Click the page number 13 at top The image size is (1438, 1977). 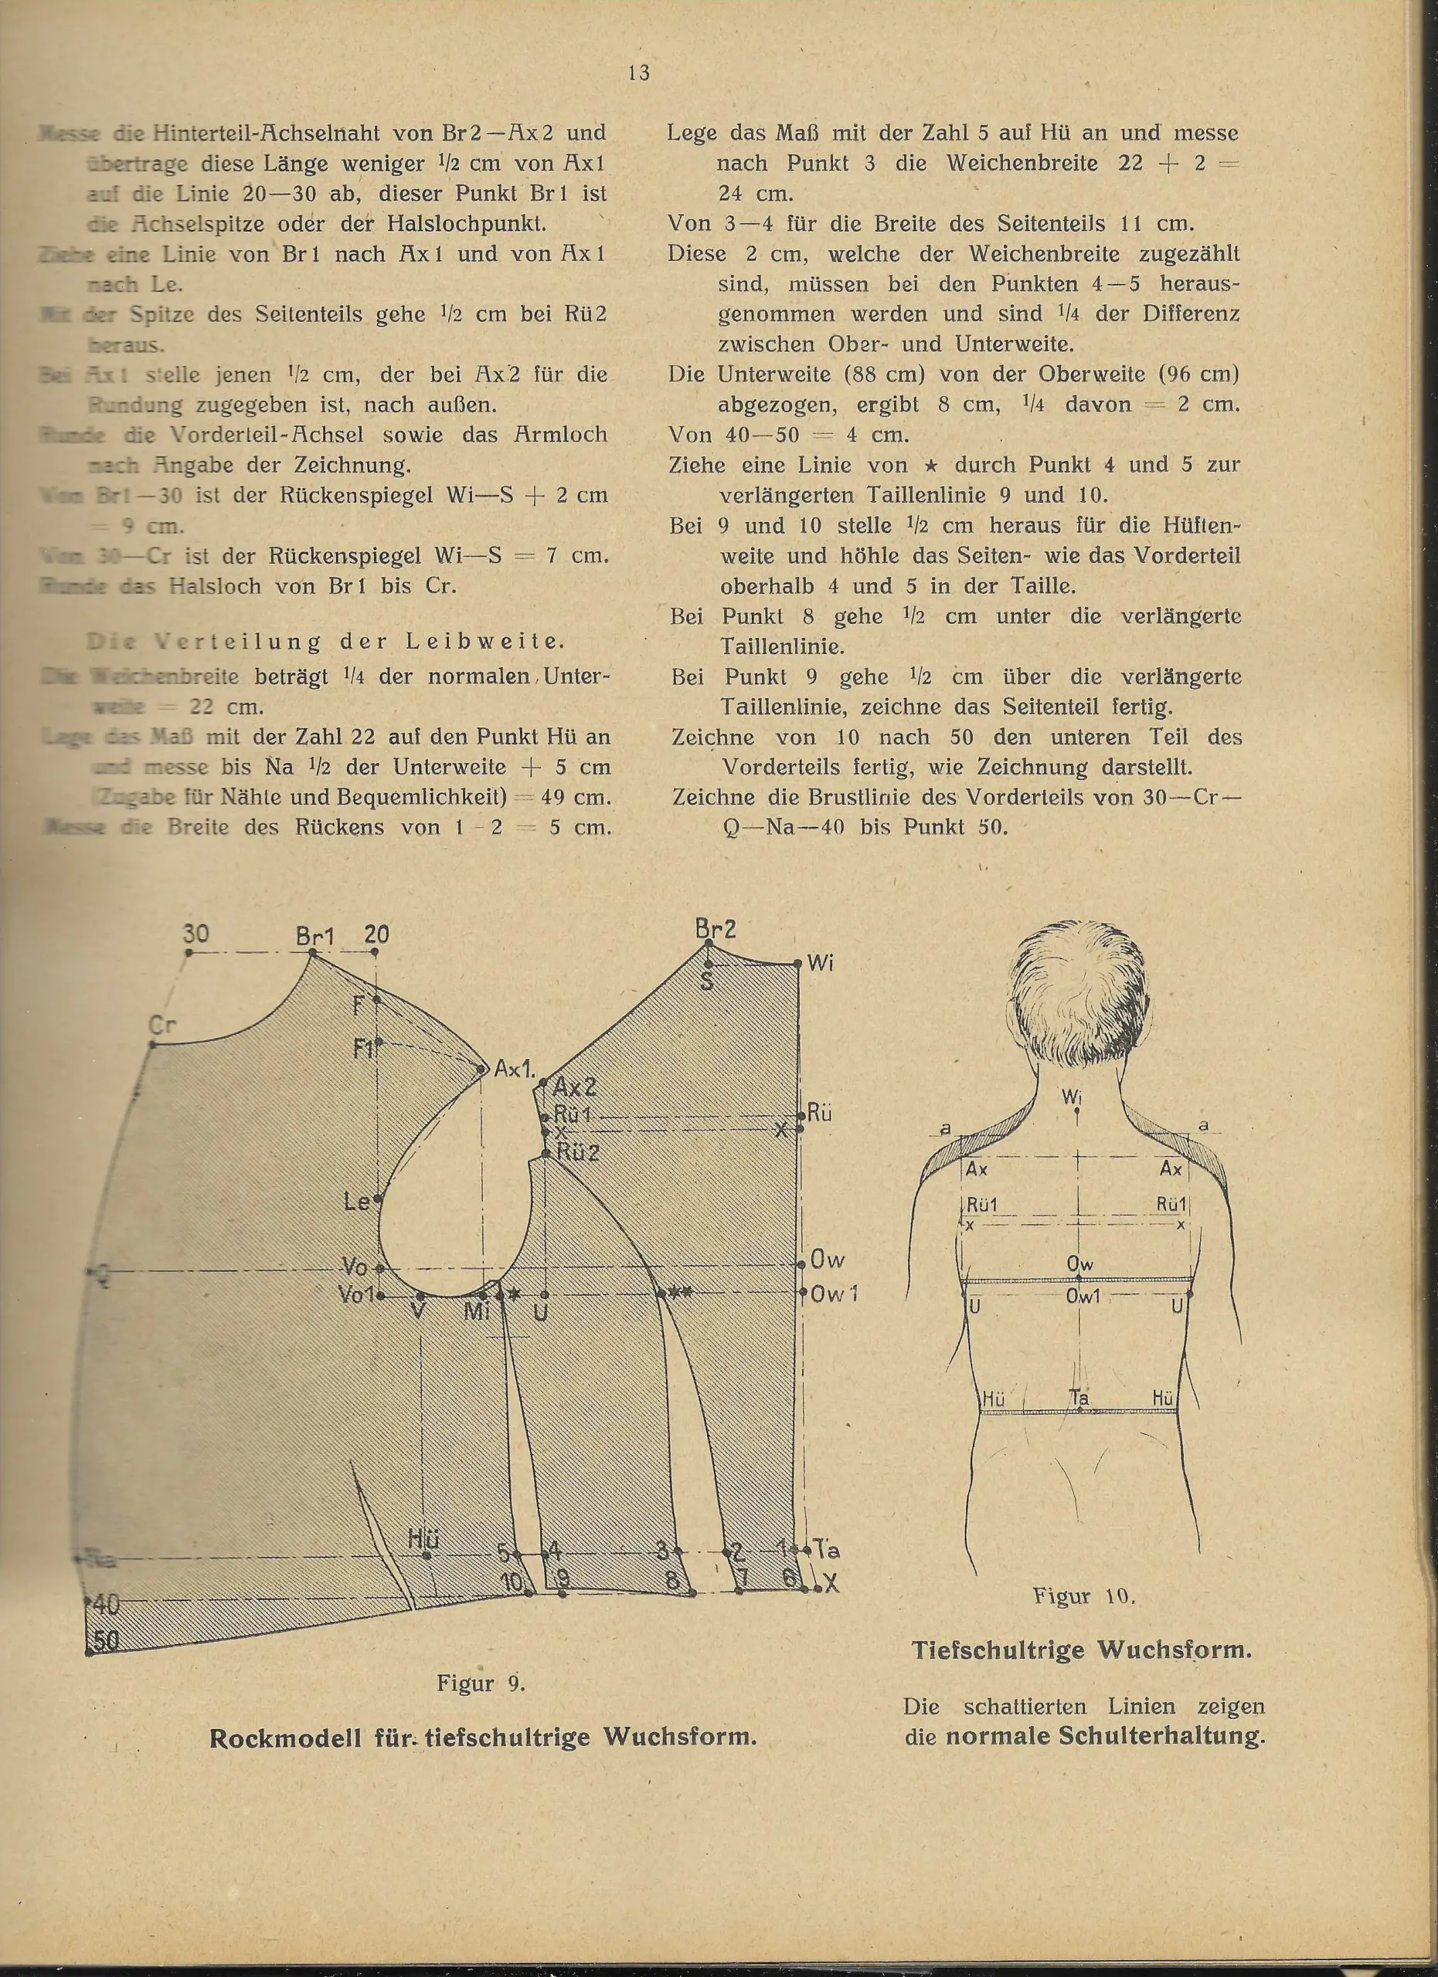(638, 73)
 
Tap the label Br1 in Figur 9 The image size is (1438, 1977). (314, 936)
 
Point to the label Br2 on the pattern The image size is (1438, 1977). (715, 928)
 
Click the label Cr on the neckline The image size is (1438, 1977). (162, 1025)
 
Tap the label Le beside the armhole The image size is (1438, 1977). (357, 1202)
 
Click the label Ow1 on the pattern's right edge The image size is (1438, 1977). (833, 1294)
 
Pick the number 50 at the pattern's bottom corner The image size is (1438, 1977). (106, 1641)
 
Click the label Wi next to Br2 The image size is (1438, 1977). (821, 963)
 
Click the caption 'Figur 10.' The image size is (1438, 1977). (1083, 1596)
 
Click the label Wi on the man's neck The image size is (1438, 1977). (1072, 1096)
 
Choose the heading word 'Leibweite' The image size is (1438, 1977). (484, 642)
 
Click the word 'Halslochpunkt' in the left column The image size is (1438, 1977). (467, 224)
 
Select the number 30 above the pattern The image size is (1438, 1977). (195, 934)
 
